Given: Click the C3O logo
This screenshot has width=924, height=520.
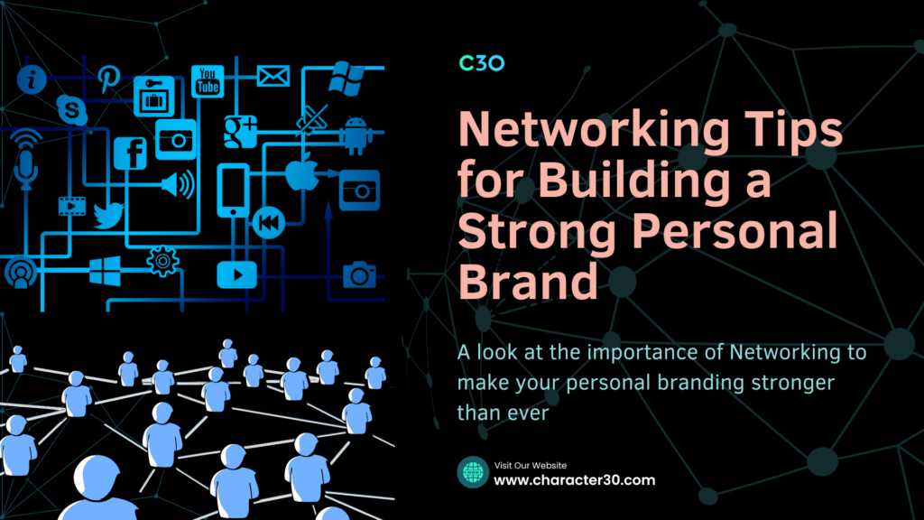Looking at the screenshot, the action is [482, 63].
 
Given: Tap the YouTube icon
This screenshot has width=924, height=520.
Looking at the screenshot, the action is [208, 80].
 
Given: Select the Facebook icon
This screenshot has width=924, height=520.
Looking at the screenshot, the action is [130, 153].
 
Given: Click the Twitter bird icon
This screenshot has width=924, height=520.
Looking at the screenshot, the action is [108, 215].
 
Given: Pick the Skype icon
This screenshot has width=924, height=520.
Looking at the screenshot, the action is [72, 109].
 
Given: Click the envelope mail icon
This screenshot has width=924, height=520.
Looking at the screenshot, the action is [273, 76].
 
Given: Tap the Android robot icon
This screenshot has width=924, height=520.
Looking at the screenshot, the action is [356, 135].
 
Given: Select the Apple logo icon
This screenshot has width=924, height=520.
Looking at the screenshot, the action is [301, 172].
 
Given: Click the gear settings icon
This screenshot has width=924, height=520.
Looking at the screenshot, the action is [162, 261].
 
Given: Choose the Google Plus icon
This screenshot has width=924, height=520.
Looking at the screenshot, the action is [240, 132].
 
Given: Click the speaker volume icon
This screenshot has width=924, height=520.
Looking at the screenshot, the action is [178, 184].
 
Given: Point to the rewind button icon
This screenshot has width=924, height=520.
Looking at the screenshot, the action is [269, 223].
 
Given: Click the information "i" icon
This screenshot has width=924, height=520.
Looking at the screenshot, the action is [32, 79].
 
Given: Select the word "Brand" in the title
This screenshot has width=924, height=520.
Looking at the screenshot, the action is [528, 280].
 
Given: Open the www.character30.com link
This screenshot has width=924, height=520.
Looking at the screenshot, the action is [575, 480].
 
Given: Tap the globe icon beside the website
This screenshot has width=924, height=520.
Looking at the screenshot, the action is [473, 472].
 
